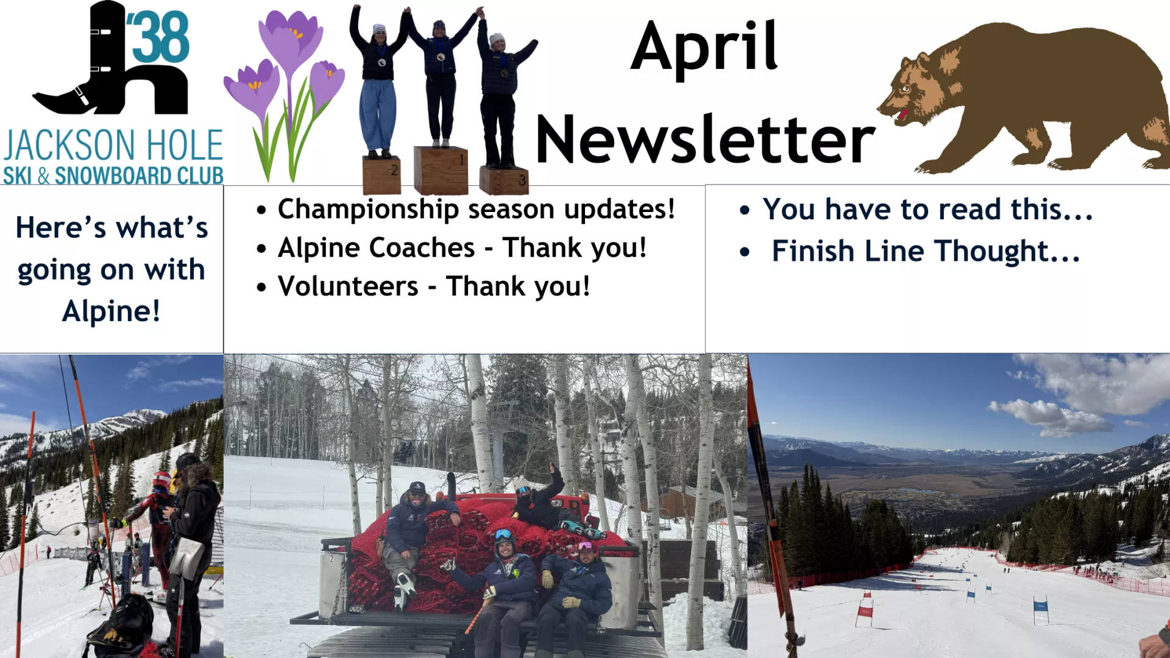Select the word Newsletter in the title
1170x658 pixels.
coord(705,139)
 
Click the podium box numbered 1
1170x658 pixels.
coord(441,170)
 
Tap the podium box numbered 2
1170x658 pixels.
coord(381,175)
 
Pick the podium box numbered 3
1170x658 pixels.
coord(504,180)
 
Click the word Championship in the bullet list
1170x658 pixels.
coord(368,210)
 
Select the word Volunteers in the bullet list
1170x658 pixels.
coord(348,286)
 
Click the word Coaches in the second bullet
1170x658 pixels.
coord(422,248)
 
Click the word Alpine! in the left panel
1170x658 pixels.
coord(112,311)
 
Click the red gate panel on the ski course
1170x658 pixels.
coord(865,611)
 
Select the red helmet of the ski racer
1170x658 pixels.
coord(162,479)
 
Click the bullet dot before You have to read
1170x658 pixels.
coord(744,211)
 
